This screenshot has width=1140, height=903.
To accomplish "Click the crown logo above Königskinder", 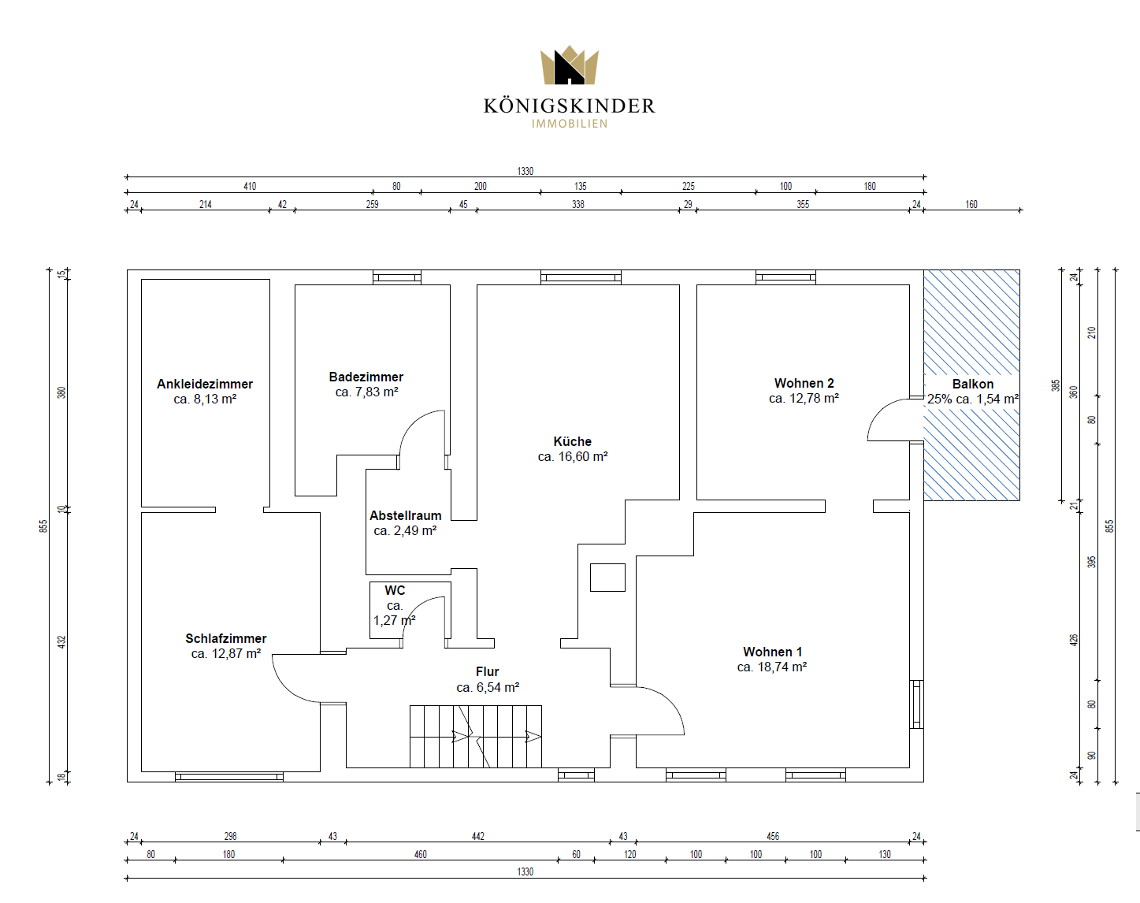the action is (570, 65).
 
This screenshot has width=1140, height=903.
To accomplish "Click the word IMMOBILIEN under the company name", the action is (570, 124).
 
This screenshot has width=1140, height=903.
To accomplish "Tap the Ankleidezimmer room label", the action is (205, 384).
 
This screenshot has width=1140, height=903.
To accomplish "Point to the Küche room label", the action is (573, 441).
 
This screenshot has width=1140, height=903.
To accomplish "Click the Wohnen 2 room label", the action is (804, 383).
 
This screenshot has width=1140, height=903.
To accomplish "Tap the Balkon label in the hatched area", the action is (973, 384).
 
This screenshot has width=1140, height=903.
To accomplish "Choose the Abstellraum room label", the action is (405, 515).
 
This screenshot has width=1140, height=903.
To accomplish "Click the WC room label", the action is (395, 590).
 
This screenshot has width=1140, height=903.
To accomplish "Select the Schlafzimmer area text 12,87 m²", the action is (236, 654).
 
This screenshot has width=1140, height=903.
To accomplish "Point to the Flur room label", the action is (488, 671).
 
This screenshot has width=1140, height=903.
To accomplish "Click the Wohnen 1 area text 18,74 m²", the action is (782, 667).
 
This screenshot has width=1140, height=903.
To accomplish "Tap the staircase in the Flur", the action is (476, 736).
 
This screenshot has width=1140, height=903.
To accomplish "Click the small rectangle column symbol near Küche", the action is (607, 578).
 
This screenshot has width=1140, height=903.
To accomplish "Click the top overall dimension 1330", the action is (525, 171).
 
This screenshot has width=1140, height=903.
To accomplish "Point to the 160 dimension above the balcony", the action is (971, 205).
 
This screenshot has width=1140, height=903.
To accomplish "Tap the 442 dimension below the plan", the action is (478, 836).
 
